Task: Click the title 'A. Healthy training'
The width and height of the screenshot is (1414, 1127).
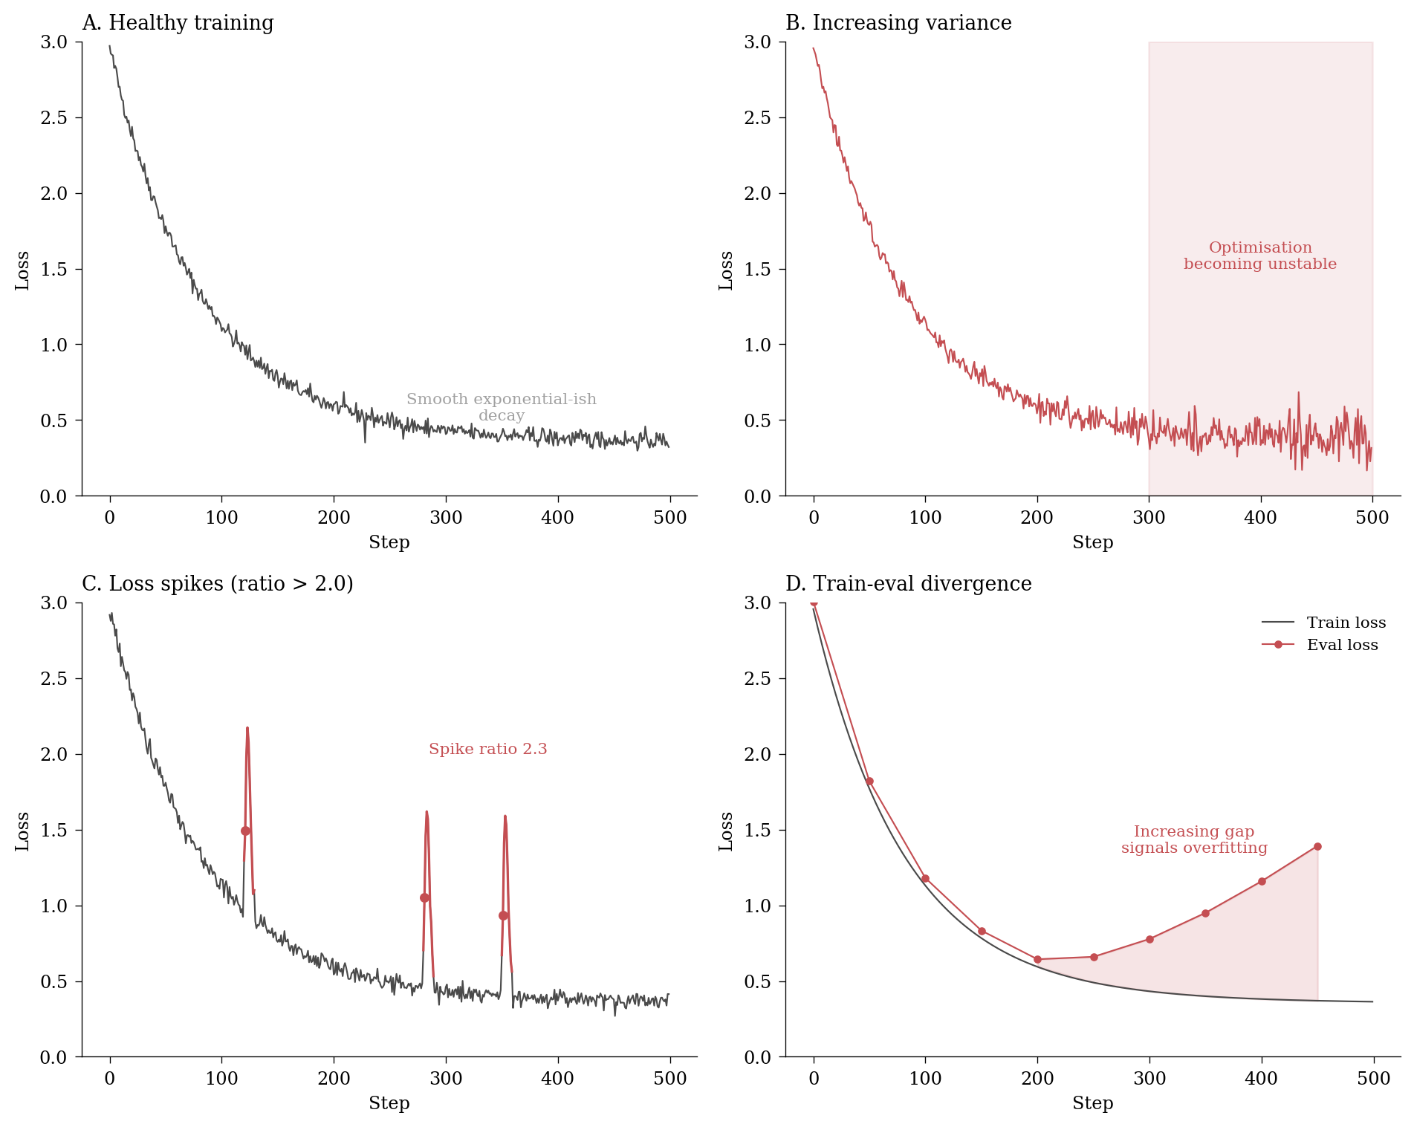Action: (x=178, y=23)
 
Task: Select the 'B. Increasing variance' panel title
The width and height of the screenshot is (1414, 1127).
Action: (x=898, y=23)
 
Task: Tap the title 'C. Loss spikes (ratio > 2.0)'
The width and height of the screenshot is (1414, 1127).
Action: (x=217, y=584)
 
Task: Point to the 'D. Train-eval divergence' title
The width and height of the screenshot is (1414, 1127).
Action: (x=908, y=584)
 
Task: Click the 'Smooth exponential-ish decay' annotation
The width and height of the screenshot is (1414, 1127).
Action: (x=502, y=407)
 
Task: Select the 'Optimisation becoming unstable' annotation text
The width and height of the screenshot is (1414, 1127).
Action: (x=1260, y=256)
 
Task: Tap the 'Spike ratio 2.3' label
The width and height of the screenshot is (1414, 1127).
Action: (x=487, y=749)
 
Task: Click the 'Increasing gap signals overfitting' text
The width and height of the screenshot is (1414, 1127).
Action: (x=1194, y=839)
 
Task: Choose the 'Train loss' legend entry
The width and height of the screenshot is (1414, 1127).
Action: (x=1346, y=623)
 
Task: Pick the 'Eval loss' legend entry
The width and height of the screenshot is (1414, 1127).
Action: (x=1342, y=645)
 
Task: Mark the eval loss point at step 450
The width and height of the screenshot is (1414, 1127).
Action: (x=1317, y=846)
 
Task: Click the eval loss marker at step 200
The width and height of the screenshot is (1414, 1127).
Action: (x=1037, y=959)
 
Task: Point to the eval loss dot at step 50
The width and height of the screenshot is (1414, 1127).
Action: (x=869, y=781)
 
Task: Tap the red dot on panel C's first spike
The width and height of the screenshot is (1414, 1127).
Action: (x=245, y=831)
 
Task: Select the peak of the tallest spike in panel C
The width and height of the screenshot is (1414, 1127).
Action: (x=247, y=728)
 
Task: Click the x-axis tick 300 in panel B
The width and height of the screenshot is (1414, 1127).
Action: (x=1149, y=517)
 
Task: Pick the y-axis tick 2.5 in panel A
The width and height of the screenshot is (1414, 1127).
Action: (x=53, y=117)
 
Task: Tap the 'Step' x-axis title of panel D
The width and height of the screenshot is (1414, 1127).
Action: (x=1092, y=1103)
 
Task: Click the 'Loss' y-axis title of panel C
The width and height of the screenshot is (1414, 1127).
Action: (x=22, y=831)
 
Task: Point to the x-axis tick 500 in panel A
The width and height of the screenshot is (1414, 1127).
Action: (x=669, y=517)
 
